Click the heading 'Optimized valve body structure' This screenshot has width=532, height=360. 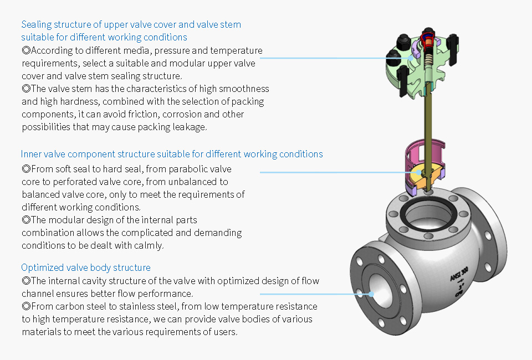tap(86, 268)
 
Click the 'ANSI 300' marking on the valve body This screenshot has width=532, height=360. tap(459, 274)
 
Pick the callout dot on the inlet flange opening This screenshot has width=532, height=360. tap(371, 294)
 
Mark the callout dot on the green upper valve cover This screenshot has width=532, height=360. tap(411, 58)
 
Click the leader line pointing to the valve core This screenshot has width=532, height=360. tap(339, 173)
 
